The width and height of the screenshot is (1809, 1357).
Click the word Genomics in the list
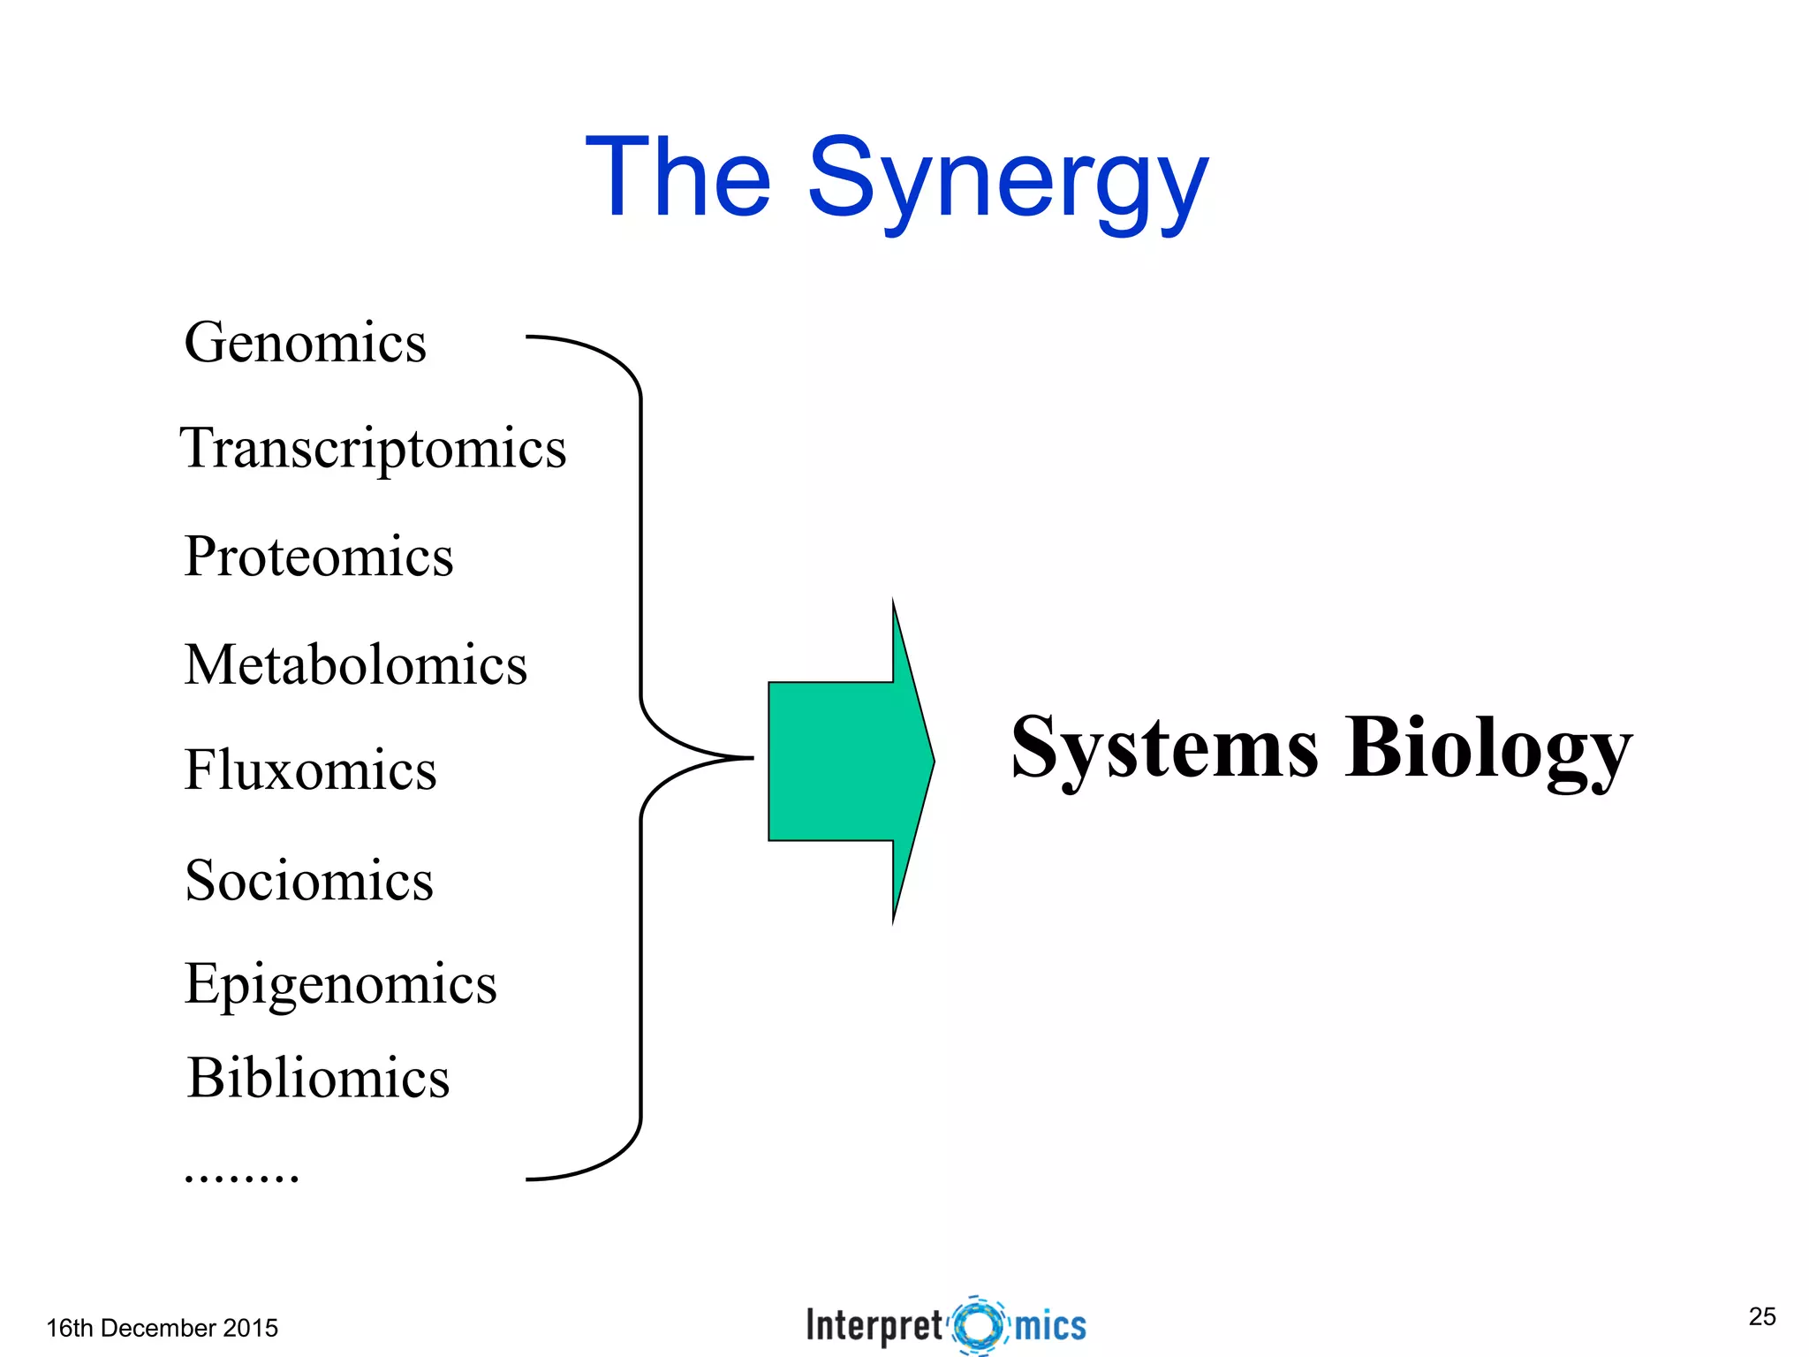(305, 343)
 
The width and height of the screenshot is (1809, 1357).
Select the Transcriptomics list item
(373, 449)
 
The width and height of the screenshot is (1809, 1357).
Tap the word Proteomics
(318, 557)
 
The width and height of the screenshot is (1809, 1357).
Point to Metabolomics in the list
(355, 664)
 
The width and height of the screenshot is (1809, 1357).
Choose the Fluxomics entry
(310, 769)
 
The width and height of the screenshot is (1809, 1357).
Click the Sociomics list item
(309, 880)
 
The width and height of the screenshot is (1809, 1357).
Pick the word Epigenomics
(340, 984)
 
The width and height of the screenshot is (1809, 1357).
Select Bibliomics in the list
(318, 1078)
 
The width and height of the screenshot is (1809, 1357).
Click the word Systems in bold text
(1164, 749)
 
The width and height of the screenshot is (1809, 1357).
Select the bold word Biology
(1487, 749)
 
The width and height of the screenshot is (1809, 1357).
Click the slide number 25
(1761, 1316)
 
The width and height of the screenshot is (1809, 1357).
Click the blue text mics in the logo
(1050, 1325)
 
